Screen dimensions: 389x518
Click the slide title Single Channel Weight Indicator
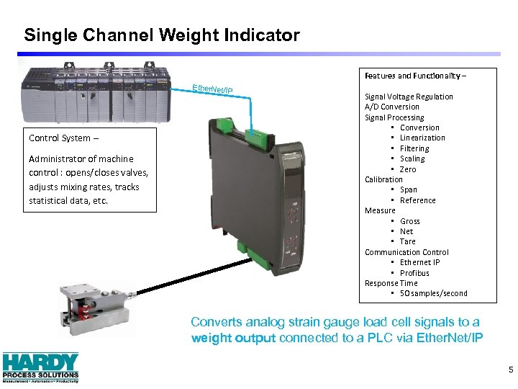tap(162, 35)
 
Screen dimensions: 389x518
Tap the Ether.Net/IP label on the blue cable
tap(212, 89)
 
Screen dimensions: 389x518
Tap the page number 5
tap(510, 370)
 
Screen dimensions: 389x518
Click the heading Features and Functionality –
tap(415, 76)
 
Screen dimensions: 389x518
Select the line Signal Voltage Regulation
tap(409, 97)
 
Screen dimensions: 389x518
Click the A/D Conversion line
tap(391, 107)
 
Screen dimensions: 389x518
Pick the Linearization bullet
tap(422, 138)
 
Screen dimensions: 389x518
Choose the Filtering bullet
tap(414, 148)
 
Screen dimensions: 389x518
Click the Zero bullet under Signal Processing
tap(408, 169)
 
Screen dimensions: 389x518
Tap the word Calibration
tap(383, 179)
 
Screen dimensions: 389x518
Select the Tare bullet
tap(408, 241)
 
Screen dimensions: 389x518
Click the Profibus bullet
tap(414, 273)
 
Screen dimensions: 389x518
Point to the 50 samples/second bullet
tap(433, 293)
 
